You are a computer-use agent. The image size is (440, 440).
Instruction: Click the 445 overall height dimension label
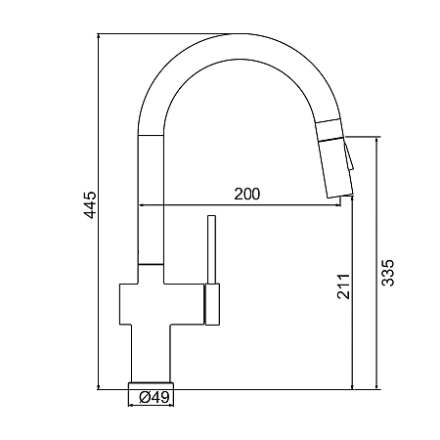click(x=90, y=204)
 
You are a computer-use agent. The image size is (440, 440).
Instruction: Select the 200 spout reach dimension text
click(x=247, y=194)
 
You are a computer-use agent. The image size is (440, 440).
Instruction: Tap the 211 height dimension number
click(x=343, y=286)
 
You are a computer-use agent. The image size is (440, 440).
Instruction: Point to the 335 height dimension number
click(x=388, y=273)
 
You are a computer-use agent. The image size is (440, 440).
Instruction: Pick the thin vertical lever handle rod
click(x=212, y=249)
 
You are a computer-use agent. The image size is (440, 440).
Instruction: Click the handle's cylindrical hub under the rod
click(x=212, y=304)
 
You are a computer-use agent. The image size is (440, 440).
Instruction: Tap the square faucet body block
click(x=162, y=304)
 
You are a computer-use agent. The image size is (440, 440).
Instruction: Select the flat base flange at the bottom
click(x=152, y=385)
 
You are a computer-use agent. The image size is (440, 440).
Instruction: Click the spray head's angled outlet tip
click(x=340, y=195)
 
